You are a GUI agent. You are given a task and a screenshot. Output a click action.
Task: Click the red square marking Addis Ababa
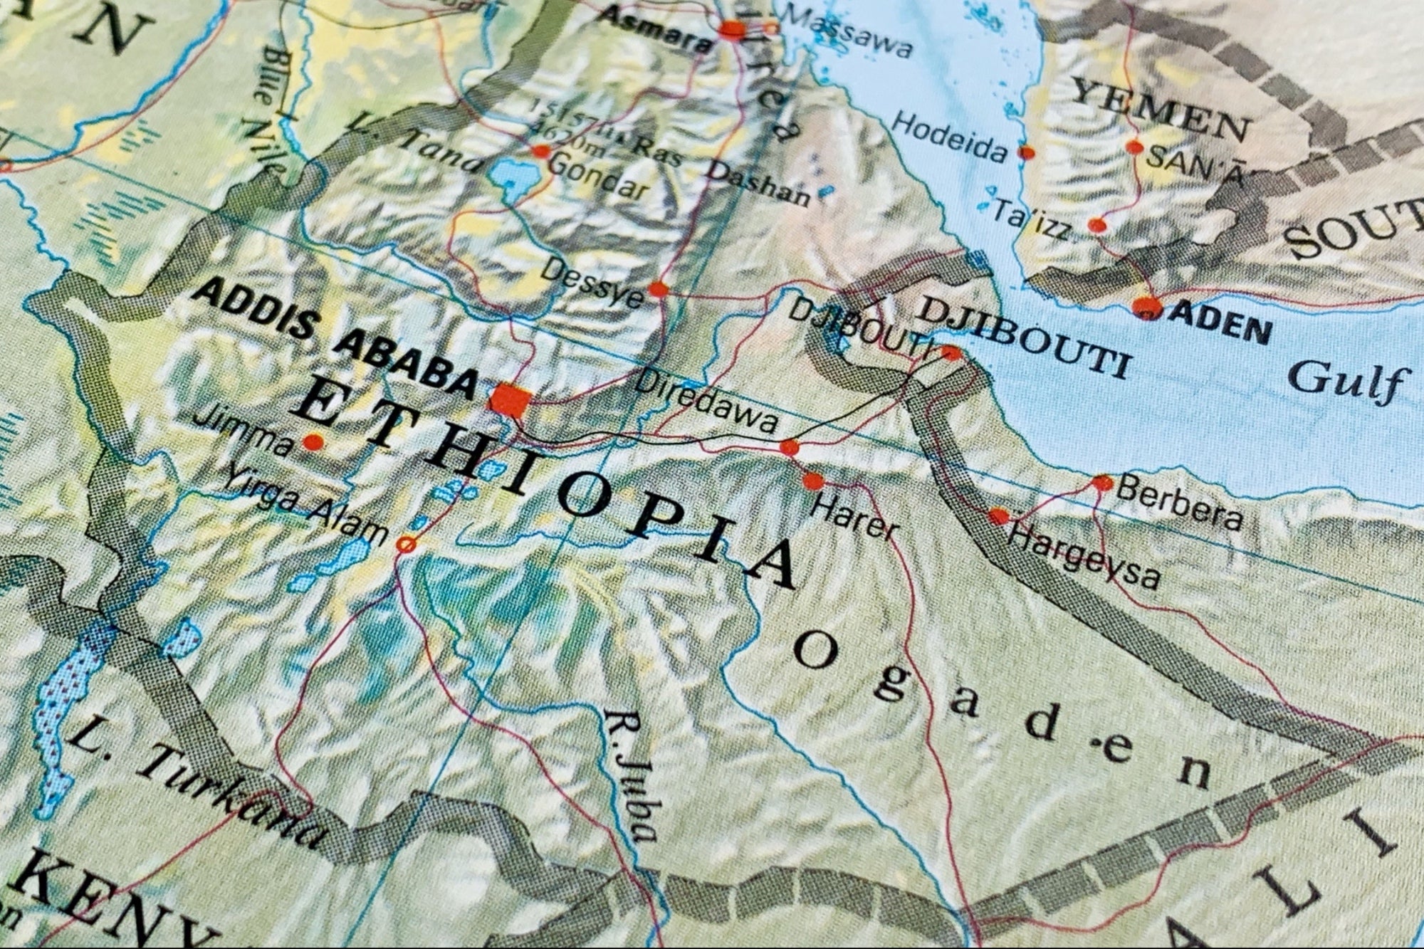click(x=510, y=399)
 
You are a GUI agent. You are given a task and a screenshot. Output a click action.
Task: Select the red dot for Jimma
click(x=313, y=443)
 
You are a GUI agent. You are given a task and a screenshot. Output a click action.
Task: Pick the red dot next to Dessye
click(x=659, y=289)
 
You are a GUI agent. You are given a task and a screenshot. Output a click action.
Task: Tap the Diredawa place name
click(x=705, y=402)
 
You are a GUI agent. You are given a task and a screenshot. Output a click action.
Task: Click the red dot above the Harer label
click(x=813, y=481)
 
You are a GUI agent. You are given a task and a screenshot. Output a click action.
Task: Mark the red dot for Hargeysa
click(x=999, y=516)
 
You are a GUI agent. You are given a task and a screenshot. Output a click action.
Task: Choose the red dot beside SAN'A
click(x=1134, y=147)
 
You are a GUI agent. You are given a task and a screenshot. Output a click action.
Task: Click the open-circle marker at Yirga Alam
click(x=406, y=545)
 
